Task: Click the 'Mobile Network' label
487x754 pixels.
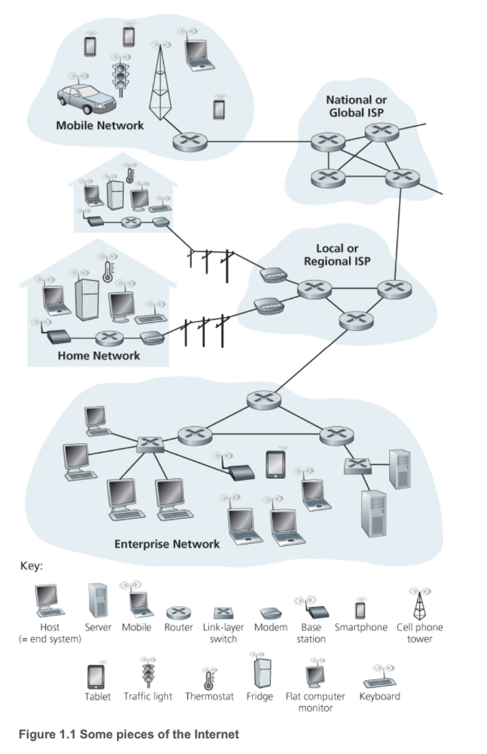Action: point(100,125)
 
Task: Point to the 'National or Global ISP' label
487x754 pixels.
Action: point(356,106)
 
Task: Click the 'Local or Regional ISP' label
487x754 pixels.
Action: point(337,254)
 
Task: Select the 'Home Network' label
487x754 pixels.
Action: point(99,355)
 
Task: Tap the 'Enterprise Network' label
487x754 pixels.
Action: point(167,543)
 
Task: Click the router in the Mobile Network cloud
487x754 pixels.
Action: point(184,142)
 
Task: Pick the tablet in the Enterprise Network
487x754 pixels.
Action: point(276,463)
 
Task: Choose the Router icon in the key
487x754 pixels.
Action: point(179,612)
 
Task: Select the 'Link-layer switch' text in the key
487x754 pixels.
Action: point(223,632)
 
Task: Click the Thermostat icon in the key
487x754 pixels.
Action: point(209,677)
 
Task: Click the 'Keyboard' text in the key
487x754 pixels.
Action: point(379,696)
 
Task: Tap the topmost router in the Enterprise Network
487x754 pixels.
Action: point(258,399)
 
